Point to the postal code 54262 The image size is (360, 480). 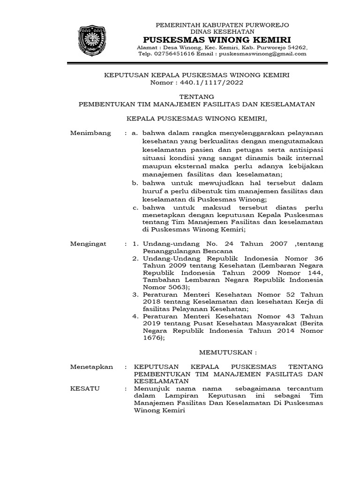[297, 47]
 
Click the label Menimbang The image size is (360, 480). [90, 133]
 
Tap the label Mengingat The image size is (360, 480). [88, 244]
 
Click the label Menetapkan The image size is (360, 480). [91, 367]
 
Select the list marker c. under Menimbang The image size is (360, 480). [136, 207]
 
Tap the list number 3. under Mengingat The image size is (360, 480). [135, 294]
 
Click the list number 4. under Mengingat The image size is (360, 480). [135, 316]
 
